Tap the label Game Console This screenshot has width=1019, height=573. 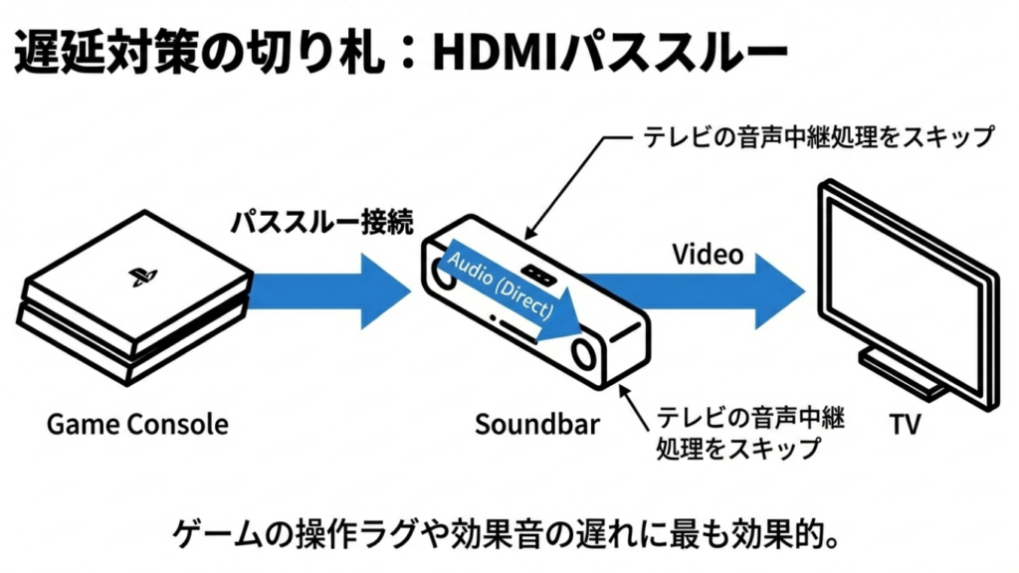click(x=137, y=425)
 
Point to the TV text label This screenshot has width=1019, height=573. click(x=905, y=425)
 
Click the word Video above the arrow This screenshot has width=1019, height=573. click(x=708, y=255)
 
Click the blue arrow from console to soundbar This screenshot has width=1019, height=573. click(x=318, y=290)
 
